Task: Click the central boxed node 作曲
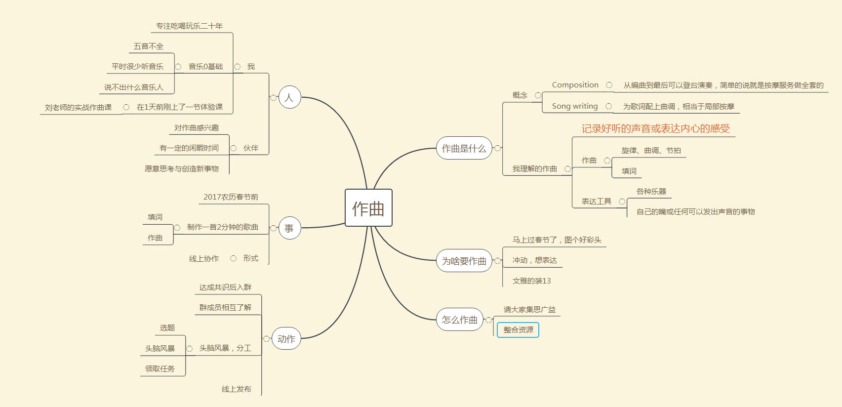pos(368,208)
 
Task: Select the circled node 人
pos(289,97)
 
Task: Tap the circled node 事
pos(289,228)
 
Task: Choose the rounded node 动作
pos(286,339)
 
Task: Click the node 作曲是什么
pos(464,148)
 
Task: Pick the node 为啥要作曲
pos(464,261)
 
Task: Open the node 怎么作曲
pos(459,320)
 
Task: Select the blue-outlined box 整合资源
pos(518,330)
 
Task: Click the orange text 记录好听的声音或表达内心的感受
pos(655,129)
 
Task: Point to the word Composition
pos(575,85)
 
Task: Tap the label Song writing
pos(575,106)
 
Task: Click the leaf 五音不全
pos(148,46)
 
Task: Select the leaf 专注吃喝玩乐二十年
pos(189,26)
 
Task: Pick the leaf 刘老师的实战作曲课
pos(78,107)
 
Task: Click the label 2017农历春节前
pos(231,197)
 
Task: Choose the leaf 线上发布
pos(236,389)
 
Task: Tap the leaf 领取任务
pos(160,369)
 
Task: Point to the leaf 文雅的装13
pos(531,281)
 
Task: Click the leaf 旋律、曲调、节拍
pos(651,151)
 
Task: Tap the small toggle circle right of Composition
pos(609,85)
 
